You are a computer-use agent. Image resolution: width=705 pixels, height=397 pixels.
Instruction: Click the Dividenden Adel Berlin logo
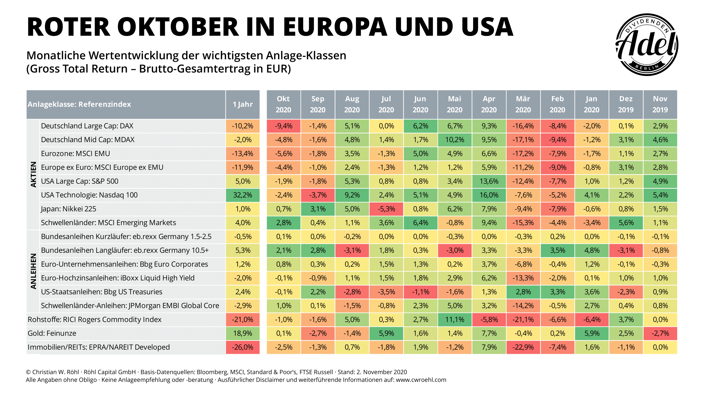[646, 45]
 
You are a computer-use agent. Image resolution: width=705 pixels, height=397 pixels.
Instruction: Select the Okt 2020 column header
[283, 104]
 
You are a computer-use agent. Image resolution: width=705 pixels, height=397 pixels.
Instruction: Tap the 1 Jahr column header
[242, 104]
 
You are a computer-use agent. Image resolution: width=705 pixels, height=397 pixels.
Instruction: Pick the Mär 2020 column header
[523, 104]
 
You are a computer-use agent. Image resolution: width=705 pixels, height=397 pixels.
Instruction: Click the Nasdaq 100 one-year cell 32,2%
[242, 195]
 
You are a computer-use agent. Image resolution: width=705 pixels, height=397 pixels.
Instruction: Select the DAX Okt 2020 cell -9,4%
[283, 126]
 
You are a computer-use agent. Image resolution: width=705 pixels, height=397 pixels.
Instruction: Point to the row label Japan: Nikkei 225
[68, 209]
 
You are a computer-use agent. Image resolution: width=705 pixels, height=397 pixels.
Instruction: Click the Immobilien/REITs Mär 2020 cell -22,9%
[523, 347]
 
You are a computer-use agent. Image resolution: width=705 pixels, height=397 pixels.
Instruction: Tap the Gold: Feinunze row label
[52, 333]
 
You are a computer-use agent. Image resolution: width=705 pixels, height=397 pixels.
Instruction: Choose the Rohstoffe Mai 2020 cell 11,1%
[455, 319]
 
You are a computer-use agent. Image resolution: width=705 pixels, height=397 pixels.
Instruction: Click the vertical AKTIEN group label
[33, 174]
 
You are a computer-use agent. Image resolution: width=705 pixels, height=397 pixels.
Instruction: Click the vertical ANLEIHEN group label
[33, 271]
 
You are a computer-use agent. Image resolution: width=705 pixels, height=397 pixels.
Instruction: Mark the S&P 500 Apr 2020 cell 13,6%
[489, 181]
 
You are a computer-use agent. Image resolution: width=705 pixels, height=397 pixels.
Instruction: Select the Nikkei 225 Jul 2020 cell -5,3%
[386, 209]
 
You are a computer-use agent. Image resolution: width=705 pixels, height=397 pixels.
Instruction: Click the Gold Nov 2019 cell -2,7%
[660, 333]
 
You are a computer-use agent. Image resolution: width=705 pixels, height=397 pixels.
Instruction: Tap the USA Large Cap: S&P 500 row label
[80, 181]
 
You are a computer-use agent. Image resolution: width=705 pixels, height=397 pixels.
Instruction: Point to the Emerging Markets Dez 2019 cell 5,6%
[626, 223]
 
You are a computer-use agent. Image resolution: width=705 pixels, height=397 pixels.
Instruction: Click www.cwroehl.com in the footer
[421, 380]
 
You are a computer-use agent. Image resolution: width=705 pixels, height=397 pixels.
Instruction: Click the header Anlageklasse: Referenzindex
[79, 104]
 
